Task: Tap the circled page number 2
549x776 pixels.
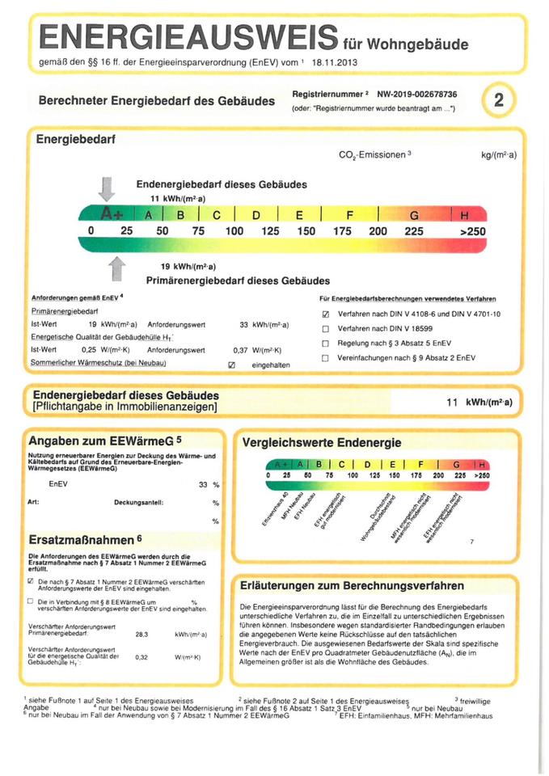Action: coord(499,100)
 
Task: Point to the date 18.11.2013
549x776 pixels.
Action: coord(333,61)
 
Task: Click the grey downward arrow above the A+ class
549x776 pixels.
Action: coord(106,188)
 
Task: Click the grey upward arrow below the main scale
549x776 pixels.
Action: coord(117,266)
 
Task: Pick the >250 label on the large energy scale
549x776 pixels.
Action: coord(471,231)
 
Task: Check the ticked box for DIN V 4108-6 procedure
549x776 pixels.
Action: coord(325,314)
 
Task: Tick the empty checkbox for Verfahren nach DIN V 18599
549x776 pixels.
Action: coord(325,329)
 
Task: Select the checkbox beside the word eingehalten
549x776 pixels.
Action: coord(232,365)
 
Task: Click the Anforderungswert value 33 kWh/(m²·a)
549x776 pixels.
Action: coord(264,325)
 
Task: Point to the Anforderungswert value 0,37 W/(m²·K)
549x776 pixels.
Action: coord(256,350)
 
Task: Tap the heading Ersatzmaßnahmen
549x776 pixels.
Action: coord(85,538)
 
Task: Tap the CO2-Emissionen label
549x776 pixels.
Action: coord(370,154)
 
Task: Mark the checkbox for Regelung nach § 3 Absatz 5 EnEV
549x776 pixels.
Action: coord(325,344)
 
